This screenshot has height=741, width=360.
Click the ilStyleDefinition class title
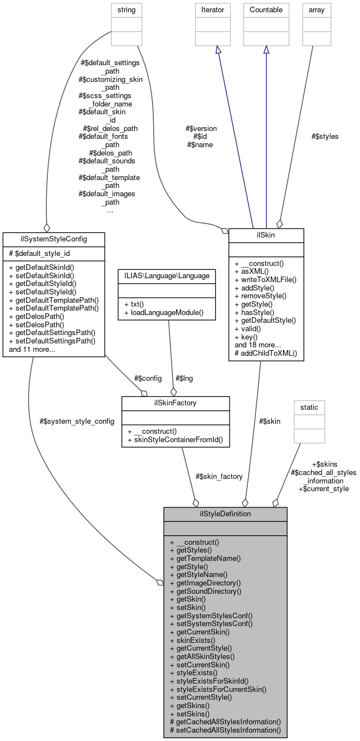(x=225, y=514)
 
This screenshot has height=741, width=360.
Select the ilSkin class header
(x=266, y=235)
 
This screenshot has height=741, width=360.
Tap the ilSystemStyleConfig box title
(x=45, y=239)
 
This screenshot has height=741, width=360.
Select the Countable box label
(x=266, y=9)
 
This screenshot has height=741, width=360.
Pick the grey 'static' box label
(x=309, y=407)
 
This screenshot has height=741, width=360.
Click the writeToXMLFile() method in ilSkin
(x=266, y=279)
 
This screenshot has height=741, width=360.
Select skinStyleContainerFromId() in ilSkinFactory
(x=175, y=440)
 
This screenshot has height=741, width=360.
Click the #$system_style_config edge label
(x=77, y=421)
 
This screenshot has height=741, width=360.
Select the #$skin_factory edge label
(x=219, y=476)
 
